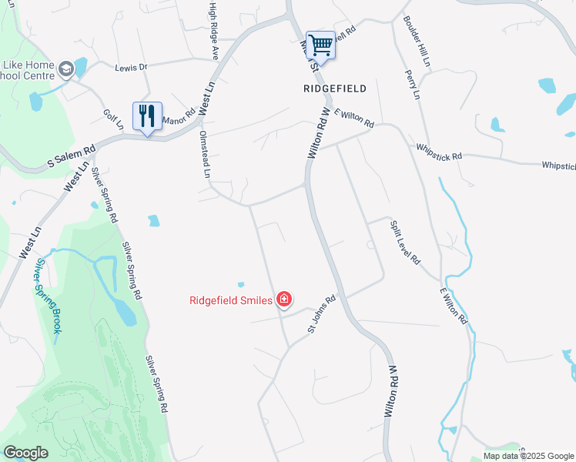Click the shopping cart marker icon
coord(320,45)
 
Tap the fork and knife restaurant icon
coord(146,116)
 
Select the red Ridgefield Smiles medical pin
coord(284,300)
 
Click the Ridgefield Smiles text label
coord(231,300)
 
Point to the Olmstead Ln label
coord(204,153)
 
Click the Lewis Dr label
coord(131,67)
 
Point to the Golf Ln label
coord(113,119)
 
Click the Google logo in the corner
coord(25,453)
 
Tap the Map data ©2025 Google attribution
coord(528,456)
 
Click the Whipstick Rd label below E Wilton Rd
coord(438,151)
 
